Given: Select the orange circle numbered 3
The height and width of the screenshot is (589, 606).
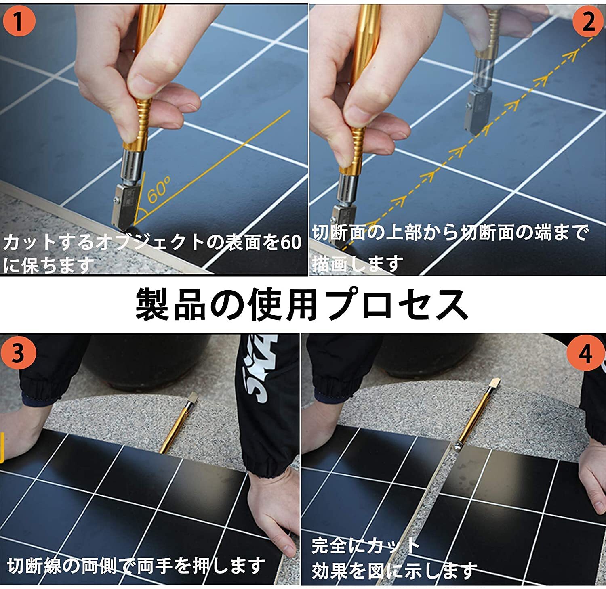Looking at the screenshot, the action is tap(19, 352).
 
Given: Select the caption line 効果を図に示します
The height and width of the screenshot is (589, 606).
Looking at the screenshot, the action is tap(394, 570).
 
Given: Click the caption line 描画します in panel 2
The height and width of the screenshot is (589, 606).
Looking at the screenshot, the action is tap(358, 264).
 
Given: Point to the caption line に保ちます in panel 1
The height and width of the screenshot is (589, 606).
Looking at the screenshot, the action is tap(48, 265).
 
